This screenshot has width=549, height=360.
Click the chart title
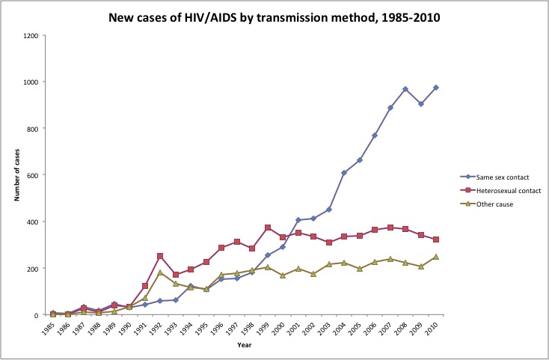click(x=274, y=18)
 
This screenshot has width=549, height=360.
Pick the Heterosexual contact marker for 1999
click(x=268, y=228)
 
